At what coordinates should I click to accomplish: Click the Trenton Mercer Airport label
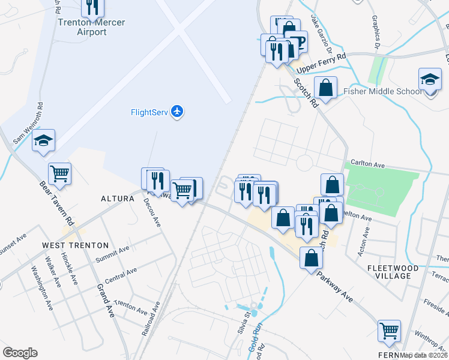pos(92,27)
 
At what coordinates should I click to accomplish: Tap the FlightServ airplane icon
pos(176,111)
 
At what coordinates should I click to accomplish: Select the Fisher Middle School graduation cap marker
pos(430,80)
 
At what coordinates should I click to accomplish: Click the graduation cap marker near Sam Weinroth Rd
pos(43,141)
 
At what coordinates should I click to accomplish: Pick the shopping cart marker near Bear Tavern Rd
pos(59,174)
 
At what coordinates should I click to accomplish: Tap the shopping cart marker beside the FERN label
pos(389,331)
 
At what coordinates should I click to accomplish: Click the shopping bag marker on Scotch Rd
pos(325,88)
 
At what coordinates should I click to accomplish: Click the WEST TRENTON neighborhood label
pos(75,245)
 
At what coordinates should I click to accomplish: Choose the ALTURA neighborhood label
pos(117,198)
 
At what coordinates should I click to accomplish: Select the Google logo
pos(20,353)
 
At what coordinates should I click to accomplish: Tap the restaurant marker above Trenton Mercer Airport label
pos(92,7)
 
